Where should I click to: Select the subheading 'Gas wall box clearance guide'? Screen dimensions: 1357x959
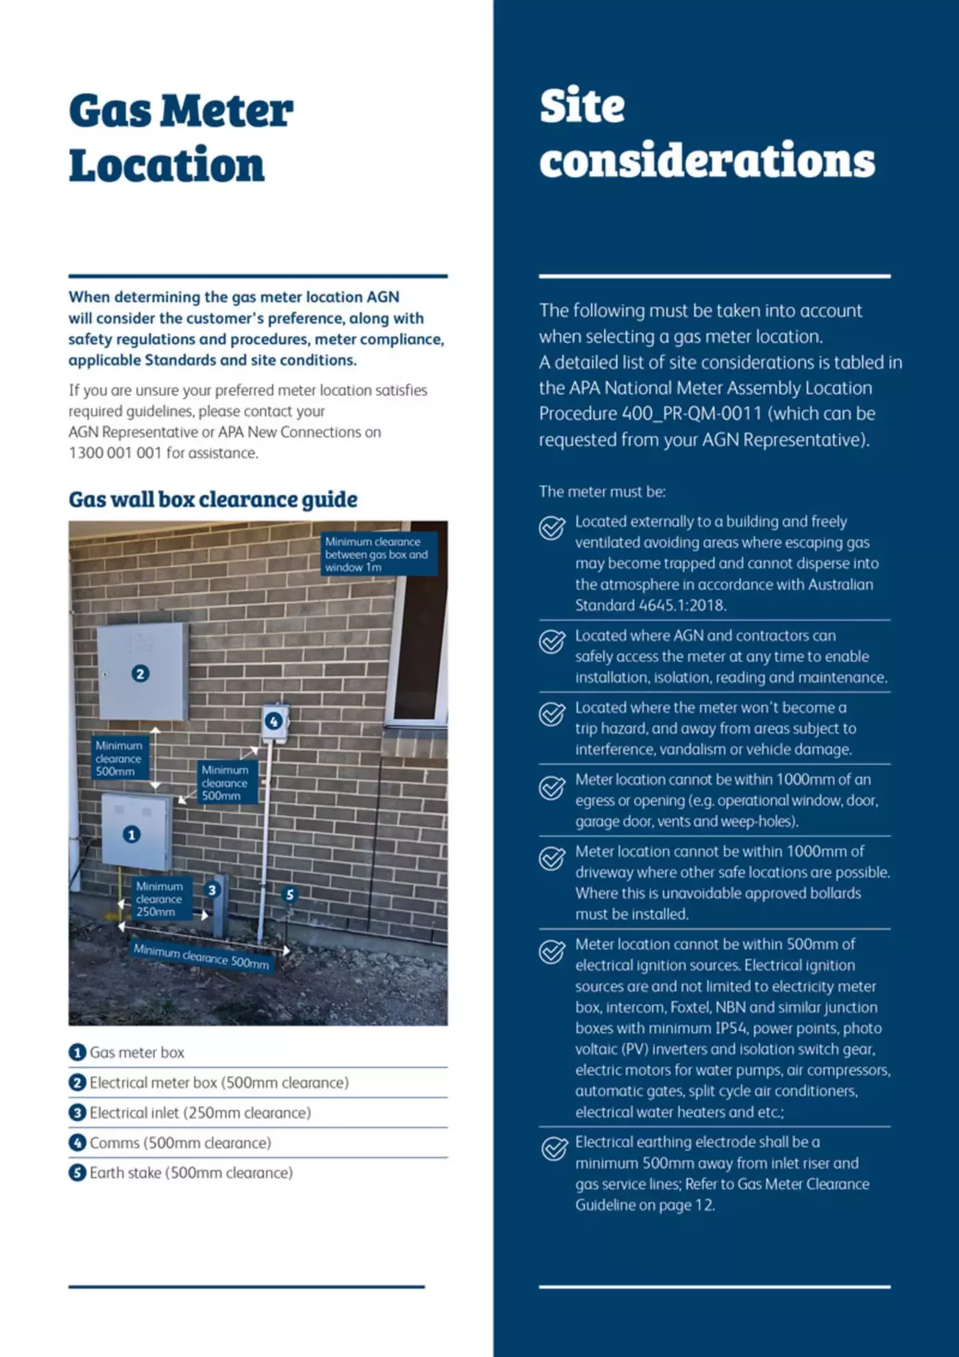click(213, 499)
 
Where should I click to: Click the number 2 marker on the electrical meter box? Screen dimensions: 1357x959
click(140, 674)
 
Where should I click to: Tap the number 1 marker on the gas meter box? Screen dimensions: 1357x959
click(132, 834)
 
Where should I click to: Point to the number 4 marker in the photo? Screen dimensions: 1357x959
click(273, 721)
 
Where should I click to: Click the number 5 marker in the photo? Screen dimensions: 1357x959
click(289, 894)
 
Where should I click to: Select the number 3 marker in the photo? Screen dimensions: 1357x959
click(212, 889)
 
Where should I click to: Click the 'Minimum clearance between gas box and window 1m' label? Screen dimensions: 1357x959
click(377, 554)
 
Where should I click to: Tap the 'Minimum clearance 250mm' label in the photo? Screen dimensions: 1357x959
click(159, 899)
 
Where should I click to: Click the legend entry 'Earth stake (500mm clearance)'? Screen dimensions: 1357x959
click(191, 1172)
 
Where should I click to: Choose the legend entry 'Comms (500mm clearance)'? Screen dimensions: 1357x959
click(180, 1142)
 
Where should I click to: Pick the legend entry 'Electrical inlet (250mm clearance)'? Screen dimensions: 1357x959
click(200, 1113)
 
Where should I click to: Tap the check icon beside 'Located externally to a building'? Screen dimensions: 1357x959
click(552, 528)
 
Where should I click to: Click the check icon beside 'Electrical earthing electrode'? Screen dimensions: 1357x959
click(552, 1148)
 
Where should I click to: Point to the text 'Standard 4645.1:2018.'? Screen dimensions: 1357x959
click(651, 606)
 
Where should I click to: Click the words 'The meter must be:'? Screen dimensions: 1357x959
click(602, 492)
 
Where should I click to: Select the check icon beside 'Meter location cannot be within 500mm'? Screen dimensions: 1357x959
click(552, 951)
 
